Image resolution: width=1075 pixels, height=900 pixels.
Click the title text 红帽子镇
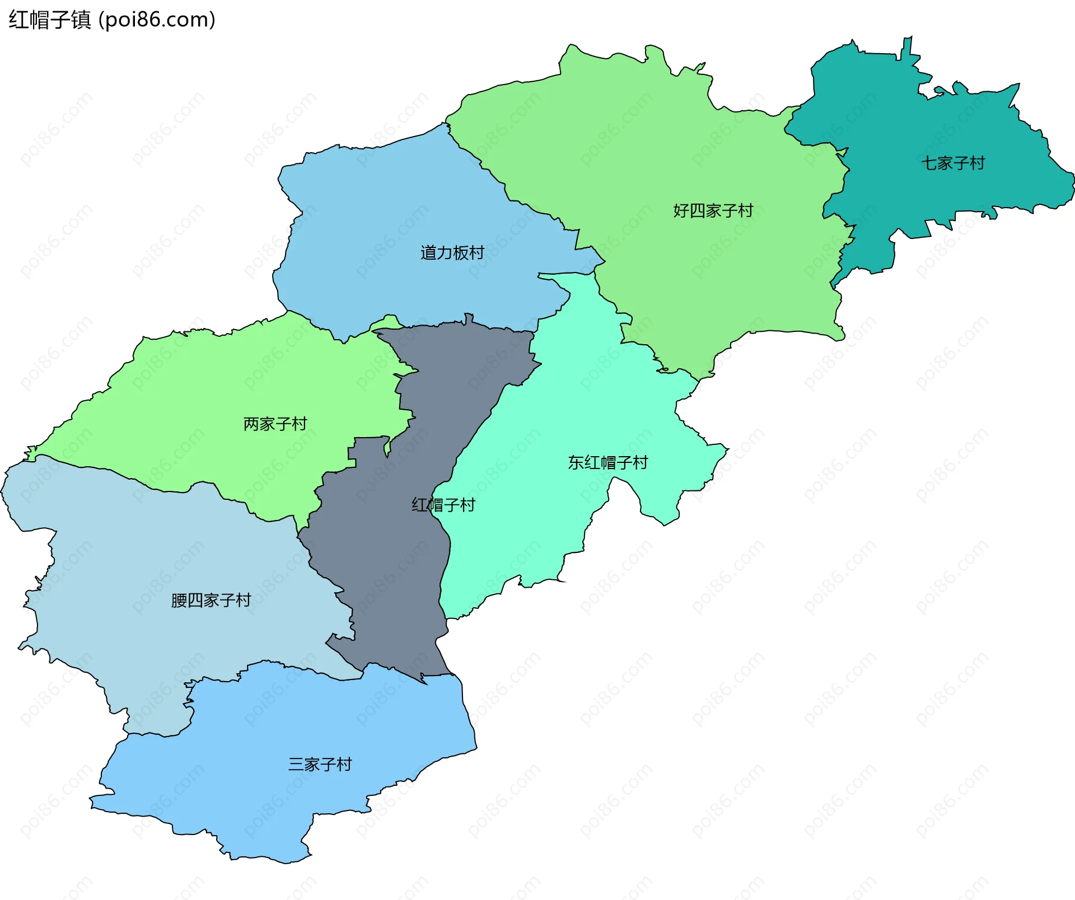[49, 20]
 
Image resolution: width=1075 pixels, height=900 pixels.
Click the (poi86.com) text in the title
[157, 20]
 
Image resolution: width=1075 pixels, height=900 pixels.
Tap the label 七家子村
[953, 163]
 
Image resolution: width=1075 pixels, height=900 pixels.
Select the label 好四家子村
[713, 211]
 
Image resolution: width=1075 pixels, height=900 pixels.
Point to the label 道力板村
[452, 253]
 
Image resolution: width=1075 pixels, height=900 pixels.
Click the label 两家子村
[275, 424]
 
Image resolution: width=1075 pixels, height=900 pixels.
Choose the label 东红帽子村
[608, 463]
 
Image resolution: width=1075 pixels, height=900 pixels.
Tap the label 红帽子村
[443, 505]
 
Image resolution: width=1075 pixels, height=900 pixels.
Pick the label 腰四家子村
[211, 601]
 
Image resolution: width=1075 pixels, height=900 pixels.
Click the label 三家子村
[320, 765]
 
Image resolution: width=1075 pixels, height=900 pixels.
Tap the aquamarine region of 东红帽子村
[532, 504]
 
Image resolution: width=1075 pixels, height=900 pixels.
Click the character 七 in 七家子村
[929, 163]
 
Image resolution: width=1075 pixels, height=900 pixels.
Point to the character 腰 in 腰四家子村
[179, 601]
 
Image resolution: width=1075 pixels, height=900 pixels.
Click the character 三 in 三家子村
[296, 765]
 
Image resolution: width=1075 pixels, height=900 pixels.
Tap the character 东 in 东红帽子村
[576, 463]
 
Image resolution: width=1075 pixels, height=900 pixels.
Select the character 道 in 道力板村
[428, 253]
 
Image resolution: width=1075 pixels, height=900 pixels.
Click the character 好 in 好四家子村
[681, 211]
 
